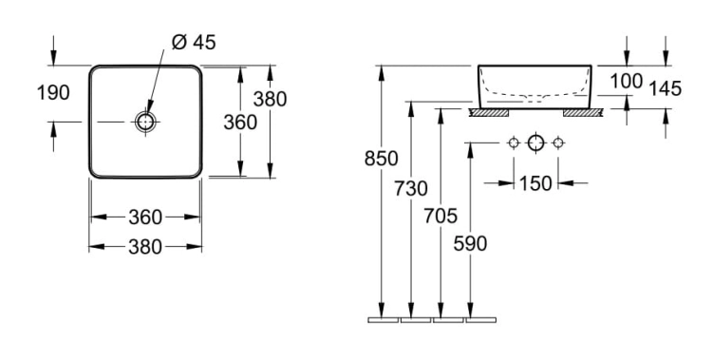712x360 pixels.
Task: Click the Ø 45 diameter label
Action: point(194,43)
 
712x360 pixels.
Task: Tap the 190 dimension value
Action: point(53,93)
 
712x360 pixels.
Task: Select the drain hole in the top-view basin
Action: point(145,122)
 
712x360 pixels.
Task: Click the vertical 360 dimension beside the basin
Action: point(240,123)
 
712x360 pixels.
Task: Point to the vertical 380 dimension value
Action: point(270,99)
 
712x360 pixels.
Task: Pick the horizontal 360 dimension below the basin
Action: point(145,218)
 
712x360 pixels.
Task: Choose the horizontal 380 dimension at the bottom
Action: point(145,247)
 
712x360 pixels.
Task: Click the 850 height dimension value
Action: point(382,159)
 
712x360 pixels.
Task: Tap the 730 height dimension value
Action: point(411,188)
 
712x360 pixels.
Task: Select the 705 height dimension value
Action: point(440,216)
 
